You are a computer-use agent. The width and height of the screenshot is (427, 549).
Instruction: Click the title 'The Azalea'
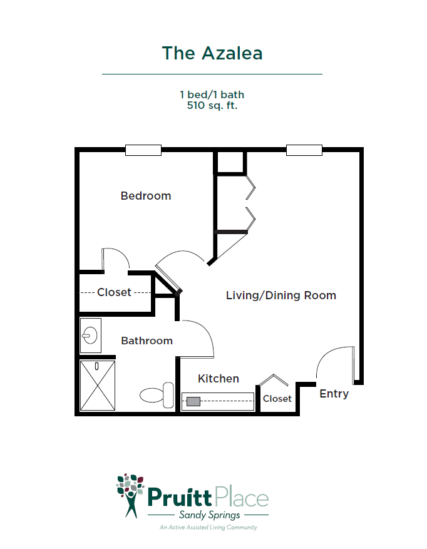212,54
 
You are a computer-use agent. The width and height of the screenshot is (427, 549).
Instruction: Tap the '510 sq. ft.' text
212,105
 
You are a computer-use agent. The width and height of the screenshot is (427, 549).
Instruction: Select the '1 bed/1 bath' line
212,95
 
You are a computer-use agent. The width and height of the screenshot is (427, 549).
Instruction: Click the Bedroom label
146,196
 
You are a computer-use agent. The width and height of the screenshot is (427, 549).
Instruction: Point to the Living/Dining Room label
281,295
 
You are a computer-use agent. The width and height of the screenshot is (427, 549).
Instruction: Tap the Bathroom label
147,341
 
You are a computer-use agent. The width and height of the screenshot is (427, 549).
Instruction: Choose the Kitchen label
219,379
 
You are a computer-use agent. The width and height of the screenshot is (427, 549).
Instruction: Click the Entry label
334,394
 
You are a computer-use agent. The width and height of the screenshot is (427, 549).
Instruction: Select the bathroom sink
90,336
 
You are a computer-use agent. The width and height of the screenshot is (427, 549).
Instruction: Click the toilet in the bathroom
157,395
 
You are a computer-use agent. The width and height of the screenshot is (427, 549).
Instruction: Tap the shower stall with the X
98,386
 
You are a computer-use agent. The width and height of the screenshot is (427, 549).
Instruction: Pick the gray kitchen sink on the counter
193,401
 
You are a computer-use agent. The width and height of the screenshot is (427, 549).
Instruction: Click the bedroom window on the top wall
143,150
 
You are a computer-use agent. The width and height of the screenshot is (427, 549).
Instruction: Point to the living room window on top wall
304,150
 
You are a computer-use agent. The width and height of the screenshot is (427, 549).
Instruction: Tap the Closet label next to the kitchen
277,399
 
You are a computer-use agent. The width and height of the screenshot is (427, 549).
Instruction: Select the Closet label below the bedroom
114,292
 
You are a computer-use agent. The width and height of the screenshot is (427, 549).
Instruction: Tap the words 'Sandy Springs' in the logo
210,515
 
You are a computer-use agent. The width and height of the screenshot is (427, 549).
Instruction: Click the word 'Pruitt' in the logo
180,497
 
